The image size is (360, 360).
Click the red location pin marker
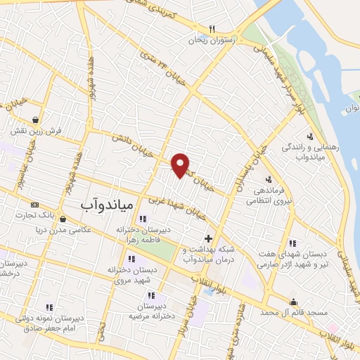point(181,165)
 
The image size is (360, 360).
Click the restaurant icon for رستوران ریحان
point(211,30)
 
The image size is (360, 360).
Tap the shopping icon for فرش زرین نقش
point(34,119)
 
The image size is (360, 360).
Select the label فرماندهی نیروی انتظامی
point(268,195)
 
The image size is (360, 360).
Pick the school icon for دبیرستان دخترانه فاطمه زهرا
point(143,219)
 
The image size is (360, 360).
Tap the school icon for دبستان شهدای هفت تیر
point(292,243)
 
